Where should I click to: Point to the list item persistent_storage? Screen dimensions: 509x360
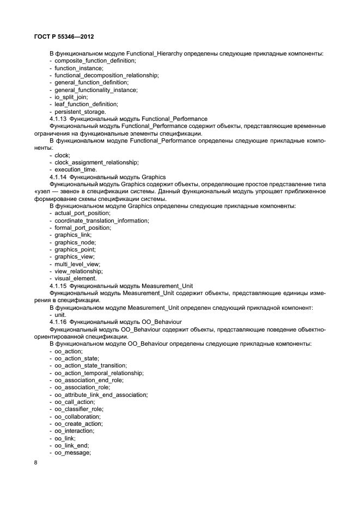coord(80,111)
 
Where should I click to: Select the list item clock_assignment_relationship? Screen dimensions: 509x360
coord(96,162)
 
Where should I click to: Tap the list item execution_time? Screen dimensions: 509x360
coord(75,170)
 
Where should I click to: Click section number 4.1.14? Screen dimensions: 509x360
coord(58,177)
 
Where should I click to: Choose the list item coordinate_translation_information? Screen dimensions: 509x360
coord(101,220)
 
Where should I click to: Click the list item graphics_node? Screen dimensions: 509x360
coord(76,242)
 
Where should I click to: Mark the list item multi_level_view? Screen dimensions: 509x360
coord(77,263)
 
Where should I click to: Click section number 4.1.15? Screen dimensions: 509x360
coord(58,285)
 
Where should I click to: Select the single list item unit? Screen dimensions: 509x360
coord(60,315)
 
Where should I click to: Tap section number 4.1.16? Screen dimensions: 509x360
coord(58,322)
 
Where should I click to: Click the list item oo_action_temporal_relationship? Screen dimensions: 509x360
coord(99,373)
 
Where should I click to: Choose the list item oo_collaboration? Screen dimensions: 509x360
coord(79,416)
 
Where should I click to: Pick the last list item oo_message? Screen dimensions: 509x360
coord(72,452)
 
